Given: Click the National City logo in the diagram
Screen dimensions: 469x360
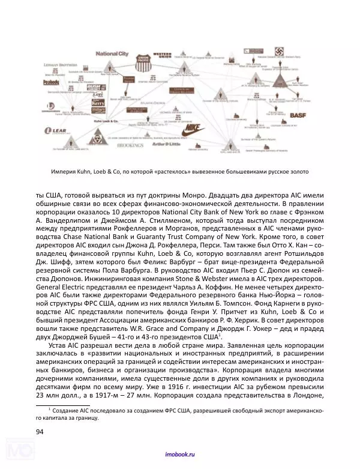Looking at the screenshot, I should tap(112, 54).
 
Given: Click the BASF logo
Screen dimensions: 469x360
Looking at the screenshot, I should tap(298, 114).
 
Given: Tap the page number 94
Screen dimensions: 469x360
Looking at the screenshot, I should tap(41, 431).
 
